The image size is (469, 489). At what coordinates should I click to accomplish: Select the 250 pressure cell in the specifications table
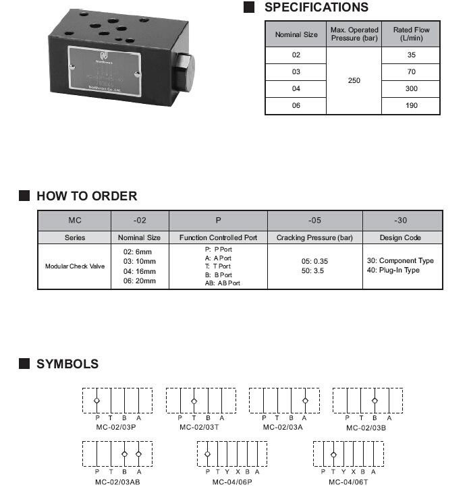click(x=354, y=80)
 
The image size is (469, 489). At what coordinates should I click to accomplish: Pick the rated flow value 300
click(x=412, y=89)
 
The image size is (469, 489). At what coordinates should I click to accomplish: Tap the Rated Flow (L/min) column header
click(x=411, y=34)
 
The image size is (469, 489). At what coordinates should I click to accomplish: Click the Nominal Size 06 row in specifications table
click(x=296, y=106)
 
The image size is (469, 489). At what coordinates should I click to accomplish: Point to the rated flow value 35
click(x=412, y=55)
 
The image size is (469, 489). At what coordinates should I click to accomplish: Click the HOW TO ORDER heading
click(x=86, y=196)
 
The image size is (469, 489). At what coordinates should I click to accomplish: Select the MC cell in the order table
click(x=75, y=221)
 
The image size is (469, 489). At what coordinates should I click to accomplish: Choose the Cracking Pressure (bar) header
click(x=314, y=237)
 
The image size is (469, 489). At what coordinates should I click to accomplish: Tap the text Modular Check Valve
click(x=75, y=266)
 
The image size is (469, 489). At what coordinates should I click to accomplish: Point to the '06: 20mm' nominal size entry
click(x=140, y=281)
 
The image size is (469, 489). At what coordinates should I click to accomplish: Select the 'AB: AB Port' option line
click(x=222, y=283)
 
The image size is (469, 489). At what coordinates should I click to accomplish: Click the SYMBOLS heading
click(x=67, y=364)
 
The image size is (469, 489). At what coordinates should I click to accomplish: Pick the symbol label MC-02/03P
click(x=117, y=427)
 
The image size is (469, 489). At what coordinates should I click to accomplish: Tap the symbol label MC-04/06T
click(x=348, y=482)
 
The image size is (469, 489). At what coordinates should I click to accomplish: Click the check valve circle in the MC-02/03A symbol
click(x=305, y=401)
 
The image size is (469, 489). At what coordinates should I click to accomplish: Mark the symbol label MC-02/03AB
click(x=117, y=482)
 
